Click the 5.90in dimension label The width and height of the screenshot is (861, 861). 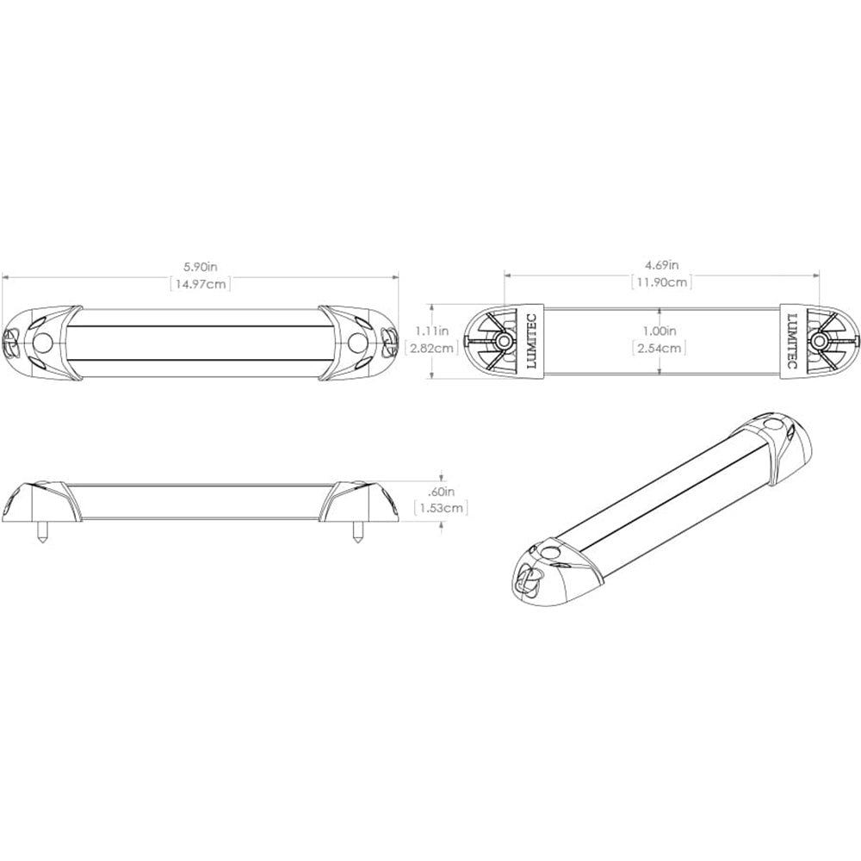(x=200, y=267)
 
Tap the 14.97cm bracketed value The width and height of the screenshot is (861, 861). (x=200, y=284)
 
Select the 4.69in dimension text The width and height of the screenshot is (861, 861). (x=661, y=264)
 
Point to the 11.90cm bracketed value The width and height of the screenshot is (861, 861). (x=661, y=282)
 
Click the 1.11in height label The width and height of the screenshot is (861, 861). (x=431, y=331)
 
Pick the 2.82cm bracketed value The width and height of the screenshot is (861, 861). (x=431, y=348)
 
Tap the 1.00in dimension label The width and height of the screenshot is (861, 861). (x=660, y=331)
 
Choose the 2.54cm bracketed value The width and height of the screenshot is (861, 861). (x=660, y=348)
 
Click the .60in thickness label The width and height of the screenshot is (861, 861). (x=442, y=492)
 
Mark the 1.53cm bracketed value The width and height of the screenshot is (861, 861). (x=442, y=508)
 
